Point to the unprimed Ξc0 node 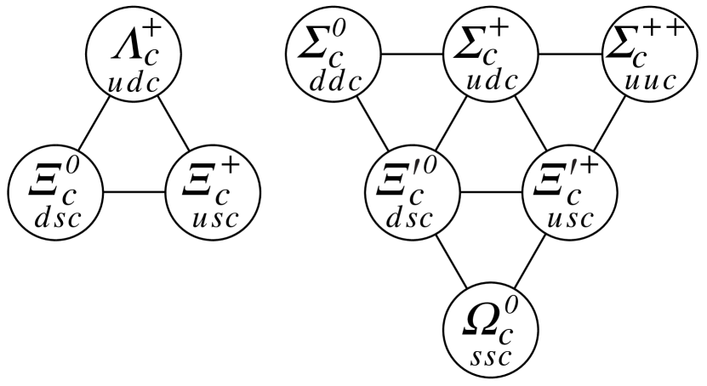click(54, 192)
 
